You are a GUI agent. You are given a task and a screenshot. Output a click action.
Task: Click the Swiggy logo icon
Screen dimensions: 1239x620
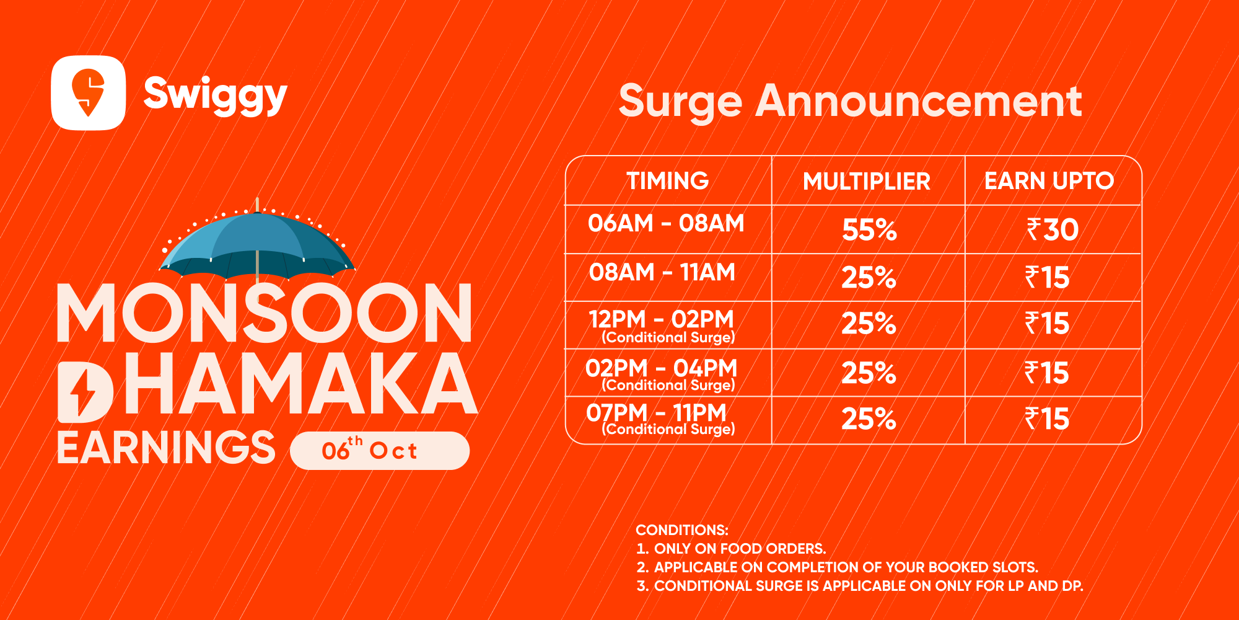(89, 93)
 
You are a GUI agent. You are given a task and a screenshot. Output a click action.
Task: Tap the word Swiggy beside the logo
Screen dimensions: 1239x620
(216, 95)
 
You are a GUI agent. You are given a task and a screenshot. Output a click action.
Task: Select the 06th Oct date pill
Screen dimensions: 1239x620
(380, 451)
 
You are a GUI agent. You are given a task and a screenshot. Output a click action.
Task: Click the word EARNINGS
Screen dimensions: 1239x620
(166, 448)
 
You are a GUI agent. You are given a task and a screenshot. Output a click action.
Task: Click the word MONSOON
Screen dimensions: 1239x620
(265, 313)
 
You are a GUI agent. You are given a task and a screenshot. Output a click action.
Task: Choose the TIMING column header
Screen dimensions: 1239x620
(668, 181)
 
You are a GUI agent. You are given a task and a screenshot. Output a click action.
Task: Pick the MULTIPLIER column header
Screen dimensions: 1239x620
(867, 182)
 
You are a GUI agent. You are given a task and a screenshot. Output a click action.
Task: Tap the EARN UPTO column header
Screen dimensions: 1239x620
(1049, 181)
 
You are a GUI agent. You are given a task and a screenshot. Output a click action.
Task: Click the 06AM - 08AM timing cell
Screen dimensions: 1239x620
(667, 223)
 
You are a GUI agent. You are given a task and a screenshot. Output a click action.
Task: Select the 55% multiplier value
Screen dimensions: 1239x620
(869, 230)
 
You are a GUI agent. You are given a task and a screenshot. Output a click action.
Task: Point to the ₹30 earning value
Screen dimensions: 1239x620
(1053, 230)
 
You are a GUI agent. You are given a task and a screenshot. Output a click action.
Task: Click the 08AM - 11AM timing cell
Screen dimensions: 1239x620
(662, 272)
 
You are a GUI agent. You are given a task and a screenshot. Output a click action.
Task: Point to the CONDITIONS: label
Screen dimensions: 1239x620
(682, 530)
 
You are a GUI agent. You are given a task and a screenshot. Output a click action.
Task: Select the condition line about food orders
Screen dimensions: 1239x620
(731, 549)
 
